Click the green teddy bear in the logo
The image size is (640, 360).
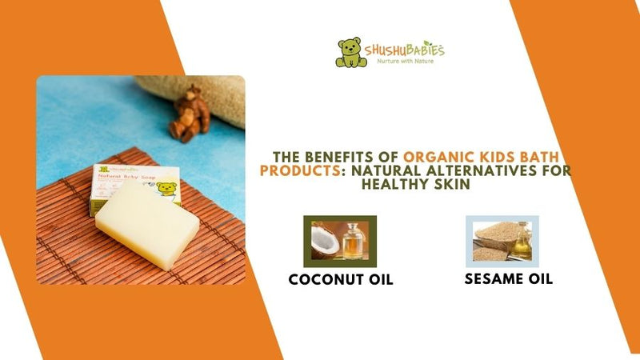click(x=349, y=52)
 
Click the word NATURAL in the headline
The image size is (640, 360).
click(x=393, y=170)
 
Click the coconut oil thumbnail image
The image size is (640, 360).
click(x=339, y=241)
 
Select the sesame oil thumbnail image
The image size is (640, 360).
click(x=502, y=241)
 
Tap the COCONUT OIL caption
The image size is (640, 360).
click(x=341, y=280)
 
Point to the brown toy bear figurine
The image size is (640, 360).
click(x=190, y=111)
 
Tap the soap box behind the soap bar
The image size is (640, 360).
click(x=132, y=184)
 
